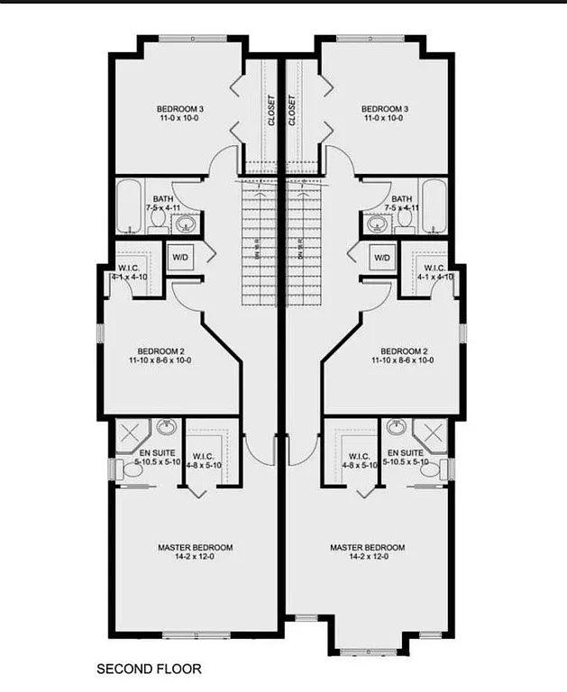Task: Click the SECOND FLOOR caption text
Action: point(149,669)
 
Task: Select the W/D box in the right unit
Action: point(382,258)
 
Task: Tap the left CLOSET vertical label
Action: point(270,111)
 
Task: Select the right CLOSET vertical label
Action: point(293,111)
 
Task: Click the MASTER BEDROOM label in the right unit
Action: point(367,547)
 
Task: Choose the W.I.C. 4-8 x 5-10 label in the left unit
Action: point(206,460)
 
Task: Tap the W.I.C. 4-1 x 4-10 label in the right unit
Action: point(434,273)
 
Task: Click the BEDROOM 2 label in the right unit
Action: point(404,351)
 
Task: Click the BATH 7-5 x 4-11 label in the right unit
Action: point(401,203)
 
